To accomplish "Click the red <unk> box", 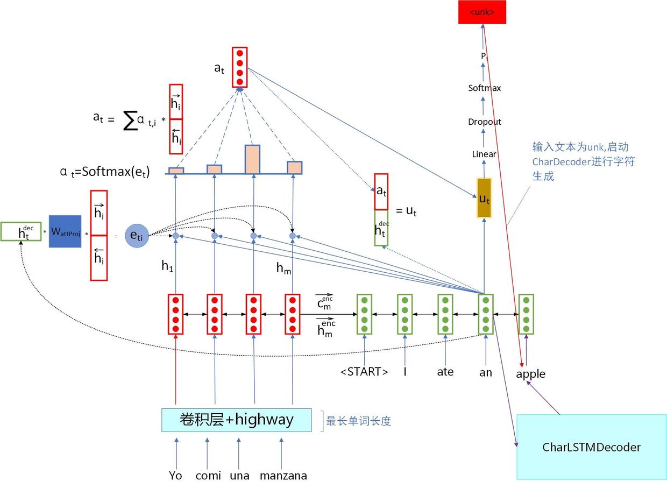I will tap(482, 12).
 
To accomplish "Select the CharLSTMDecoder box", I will tap(591, 447).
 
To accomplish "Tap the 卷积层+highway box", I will tap(237, 420).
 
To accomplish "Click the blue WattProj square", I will tap(65, 231).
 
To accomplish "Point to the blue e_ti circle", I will tap(137, 235).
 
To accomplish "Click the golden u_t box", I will tap(484, 197).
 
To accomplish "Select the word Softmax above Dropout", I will tap(484, 88).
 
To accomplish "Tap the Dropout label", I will tap(484, 122).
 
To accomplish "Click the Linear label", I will tap(484, 154).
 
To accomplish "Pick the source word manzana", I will tap(283, 476).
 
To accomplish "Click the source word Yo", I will tap(175, 476).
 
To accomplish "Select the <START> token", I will tap(364, 372).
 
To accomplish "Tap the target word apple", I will tap(530, 373).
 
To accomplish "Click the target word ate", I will tap(445, 372).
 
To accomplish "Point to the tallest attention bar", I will tap(252, 159).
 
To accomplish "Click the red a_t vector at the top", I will tap(240, 67).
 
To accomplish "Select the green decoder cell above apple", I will tap(526, 314).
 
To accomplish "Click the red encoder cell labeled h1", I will tap(176, 314).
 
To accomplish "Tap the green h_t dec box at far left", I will tap(21, 231).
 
